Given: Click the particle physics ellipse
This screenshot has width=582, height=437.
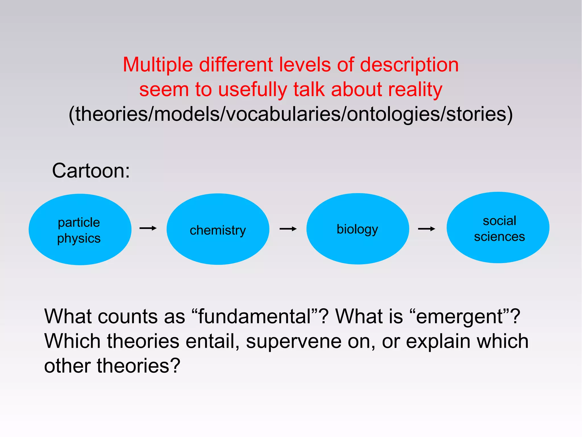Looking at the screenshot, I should coord(80,229).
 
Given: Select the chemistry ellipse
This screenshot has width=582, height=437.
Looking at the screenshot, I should coord(218,229).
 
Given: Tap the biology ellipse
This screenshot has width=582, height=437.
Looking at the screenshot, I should coord(357,229).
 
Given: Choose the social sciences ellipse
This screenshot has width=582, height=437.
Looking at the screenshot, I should coord(498,227).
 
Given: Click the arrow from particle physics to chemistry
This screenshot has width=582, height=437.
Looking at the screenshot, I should coord(148,228).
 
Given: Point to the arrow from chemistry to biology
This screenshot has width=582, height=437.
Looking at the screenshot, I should coord(288,229).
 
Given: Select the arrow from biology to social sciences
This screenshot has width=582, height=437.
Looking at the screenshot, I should coord(426,229).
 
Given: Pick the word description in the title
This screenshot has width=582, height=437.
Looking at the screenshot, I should coord(409,65).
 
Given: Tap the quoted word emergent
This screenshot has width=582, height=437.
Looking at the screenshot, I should coord(459,316).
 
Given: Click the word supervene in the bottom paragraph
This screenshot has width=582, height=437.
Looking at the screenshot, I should coord(294,341).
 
